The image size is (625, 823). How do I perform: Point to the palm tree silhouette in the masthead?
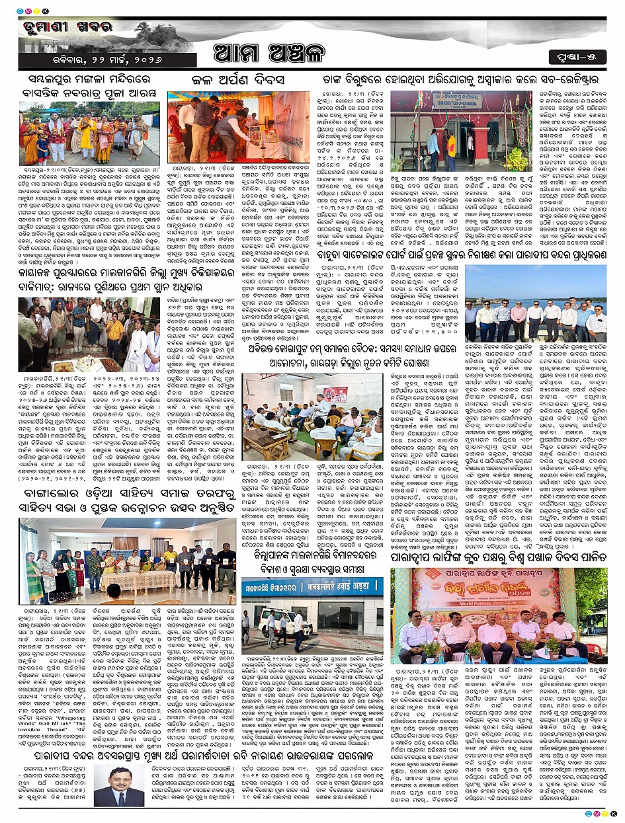pos(142,30)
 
